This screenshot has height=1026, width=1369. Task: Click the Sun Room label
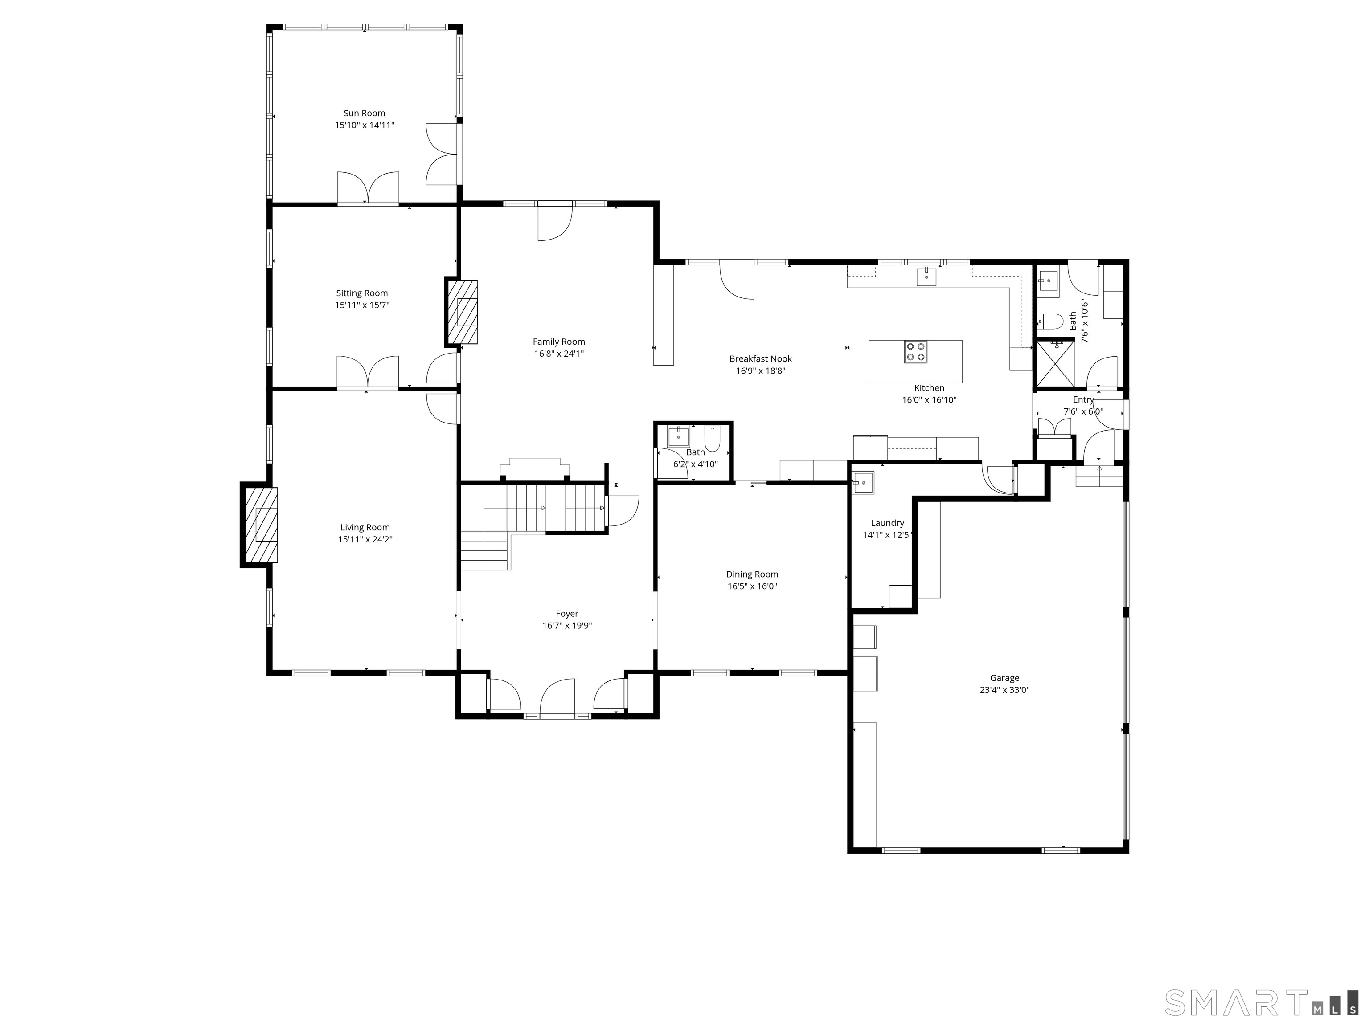pos(364,113)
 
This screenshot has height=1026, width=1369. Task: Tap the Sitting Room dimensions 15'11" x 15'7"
pos(362,305)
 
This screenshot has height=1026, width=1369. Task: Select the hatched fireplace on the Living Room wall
pos(259,525)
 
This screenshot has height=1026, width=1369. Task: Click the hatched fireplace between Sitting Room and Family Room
pos(462,312)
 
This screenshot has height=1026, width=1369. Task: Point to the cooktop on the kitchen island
pos(915,352)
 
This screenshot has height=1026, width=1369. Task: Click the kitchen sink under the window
pos(926,277)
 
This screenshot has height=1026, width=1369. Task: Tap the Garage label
pos(1004,678)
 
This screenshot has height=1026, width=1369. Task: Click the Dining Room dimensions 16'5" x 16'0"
pos(752,586)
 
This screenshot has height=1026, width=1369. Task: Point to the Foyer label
pos(567,614)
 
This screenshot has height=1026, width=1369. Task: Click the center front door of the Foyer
pos(557,698)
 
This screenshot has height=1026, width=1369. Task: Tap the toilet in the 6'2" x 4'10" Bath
pos(712,440)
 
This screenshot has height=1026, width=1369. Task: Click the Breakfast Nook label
pos(760,358)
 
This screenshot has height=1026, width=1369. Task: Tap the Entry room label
pos(1083,399)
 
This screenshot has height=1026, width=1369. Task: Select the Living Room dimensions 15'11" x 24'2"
pos(365,539)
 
